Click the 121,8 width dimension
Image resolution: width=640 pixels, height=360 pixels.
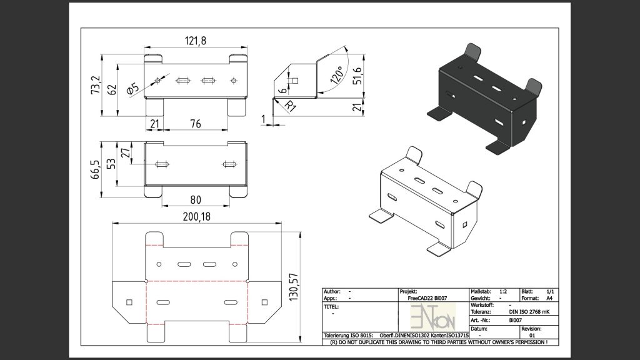pyautogui.click(x=196, y=41)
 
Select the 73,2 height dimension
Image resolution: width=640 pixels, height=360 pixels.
pyautogui.click(x=95, y=84)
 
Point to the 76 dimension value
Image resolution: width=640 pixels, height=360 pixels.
pyautogui.click(x=195, y=124)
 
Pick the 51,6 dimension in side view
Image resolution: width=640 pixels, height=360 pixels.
pyautogui.click(x=357, y=74)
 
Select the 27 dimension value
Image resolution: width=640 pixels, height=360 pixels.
pyautogui.click(x=125, y=152)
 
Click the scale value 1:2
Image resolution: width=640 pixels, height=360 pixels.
pyautogui.click(x=503, y=291)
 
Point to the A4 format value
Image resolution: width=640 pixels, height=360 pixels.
pyautogui.click(x=549, y=299)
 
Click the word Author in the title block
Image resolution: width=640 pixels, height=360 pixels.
pyautogui.click(x=332, y=292)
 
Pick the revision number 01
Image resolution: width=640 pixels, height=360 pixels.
pyautogui.click(x=532, y=335)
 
